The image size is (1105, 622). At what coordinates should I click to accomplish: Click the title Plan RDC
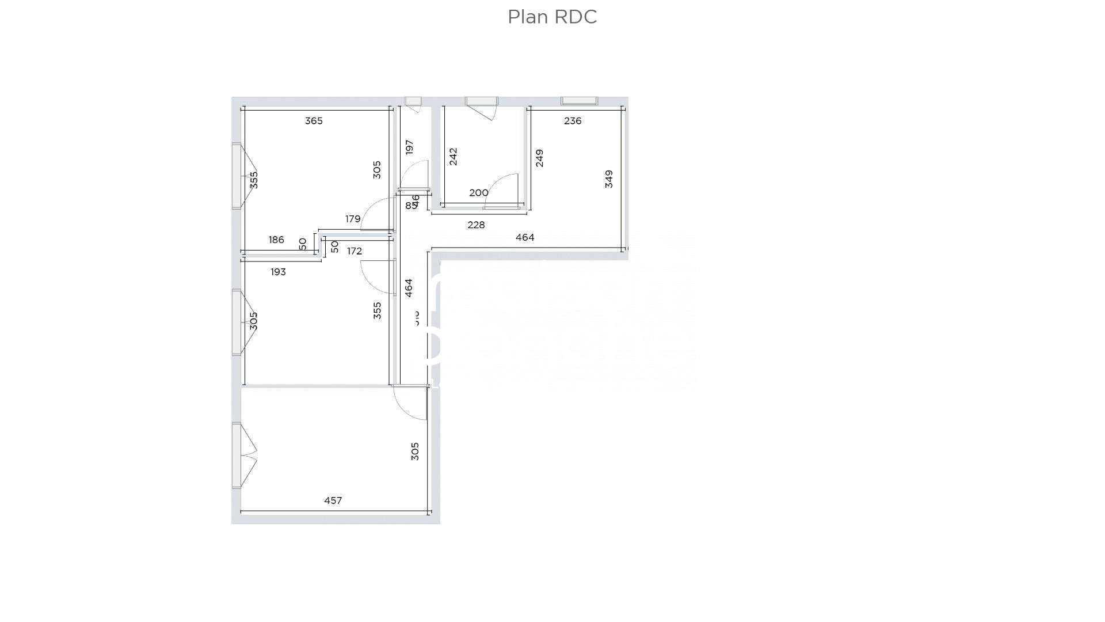[x=552, y=17]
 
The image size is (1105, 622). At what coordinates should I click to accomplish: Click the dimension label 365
[x=314, y=121]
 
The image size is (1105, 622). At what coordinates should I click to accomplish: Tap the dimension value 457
[x=333, y=500]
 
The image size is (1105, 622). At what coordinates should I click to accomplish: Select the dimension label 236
[x=573, y=121]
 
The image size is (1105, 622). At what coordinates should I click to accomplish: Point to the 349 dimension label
[x=609, y=179]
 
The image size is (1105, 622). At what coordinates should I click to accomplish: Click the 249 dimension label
[x=539, y=158]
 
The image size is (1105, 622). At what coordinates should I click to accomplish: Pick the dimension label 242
[x=453, y=157]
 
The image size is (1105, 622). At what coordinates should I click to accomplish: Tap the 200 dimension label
[x=478, y=193]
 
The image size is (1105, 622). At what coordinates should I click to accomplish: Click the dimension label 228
[x=476, y=225]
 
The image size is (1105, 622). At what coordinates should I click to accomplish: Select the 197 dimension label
[x=409, y=147]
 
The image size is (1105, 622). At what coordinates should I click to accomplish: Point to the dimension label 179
[x=353, y=219]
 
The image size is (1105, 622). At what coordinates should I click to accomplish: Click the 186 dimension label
[x=276, y=240]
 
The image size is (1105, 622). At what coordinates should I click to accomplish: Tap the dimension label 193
[x=278, y=272]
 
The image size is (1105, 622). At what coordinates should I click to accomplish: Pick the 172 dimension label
[x=355, y=251]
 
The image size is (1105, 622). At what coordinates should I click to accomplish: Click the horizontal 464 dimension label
[x=525, y=237]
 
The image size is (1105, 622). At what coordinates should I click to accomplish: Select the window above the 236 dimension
[x=580, y=101]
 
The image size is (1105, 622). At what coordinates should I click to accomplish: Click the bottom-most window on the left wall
[x=237, y=455]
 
